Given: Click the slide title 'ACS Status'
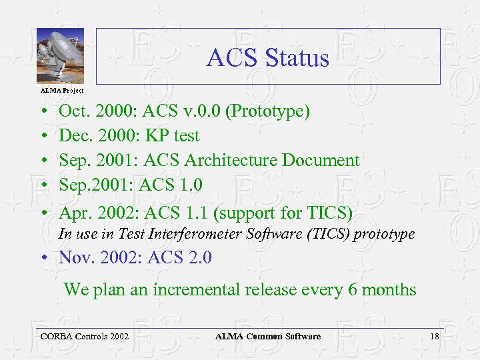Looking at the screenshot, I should [267, 58].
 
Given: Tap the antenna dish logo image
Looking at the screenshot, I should [60, 56].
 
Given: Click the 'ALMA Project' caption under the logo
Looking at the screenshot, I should [61, 89].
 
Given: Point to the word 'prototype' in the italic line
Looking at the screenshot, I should [384, 234].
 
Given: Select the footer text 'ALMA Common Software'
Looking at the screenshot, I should [268, 337].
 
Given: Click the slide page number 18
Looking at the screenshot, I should [435, 337].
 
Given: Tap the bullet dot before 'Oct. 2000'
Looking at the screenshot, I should [42, 111].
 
